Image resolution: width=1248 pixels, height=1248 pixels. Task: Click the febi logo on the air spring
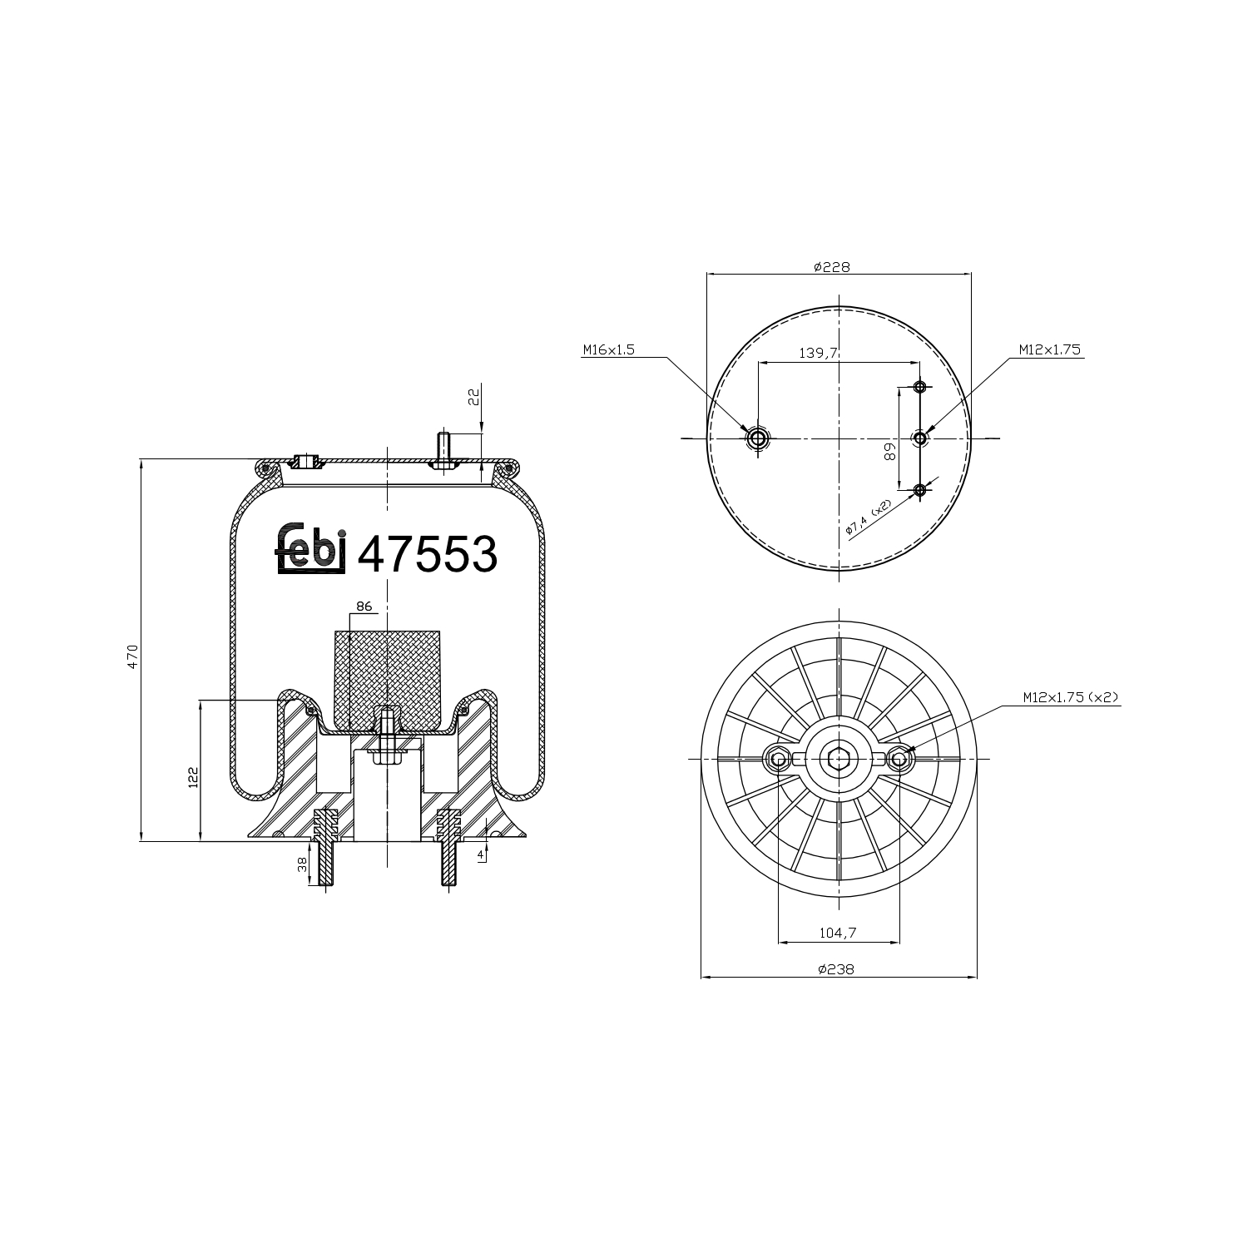(310, 552)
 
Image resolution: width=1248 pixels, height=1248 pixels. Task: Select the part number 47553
(427, 554)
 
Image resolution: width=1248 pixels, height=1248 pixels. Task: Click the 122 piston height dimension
(193, 777)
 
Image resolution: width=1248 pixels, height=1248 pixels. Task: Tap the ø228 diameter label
(831, 267)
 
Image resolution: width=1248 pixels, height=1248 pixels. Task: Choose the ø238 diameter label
(836, 969)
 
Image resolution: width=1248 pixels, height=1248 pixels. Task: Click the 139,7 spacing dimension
(817, 354)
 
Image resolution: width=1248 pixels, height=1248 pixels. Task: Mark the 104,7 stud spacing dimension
(838, 934)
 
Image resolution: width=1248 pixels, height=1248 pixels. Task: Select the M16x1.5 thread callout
(608, 350)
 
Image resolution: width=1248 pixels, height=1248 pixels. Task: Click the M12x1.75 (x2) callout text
(1072, 698)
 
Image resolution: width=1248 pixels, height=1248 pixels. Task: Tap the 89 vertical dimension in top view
(889, 451)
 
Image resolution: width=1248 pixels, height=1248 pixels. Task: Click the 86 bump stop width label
(364, 607)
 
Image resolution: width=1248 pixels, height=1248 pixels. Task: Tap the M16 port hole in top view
(757, 438)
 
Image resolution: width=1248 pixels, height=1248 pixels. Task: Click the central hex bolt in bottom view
(839, 758)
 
